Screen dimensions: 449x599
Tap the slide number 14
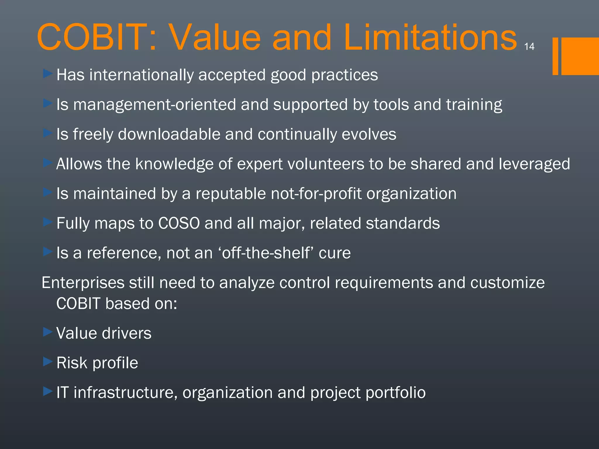529,46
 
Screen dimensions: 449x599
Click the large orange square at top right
580,56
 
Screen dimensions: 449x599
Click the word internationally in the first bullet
142,75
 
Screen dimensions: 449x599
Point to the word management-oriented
154,105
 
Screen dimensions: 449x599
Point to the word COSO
179,223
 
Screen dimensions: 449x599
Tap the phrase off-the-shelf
266,253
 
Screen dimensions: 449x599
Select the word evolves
369,134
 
